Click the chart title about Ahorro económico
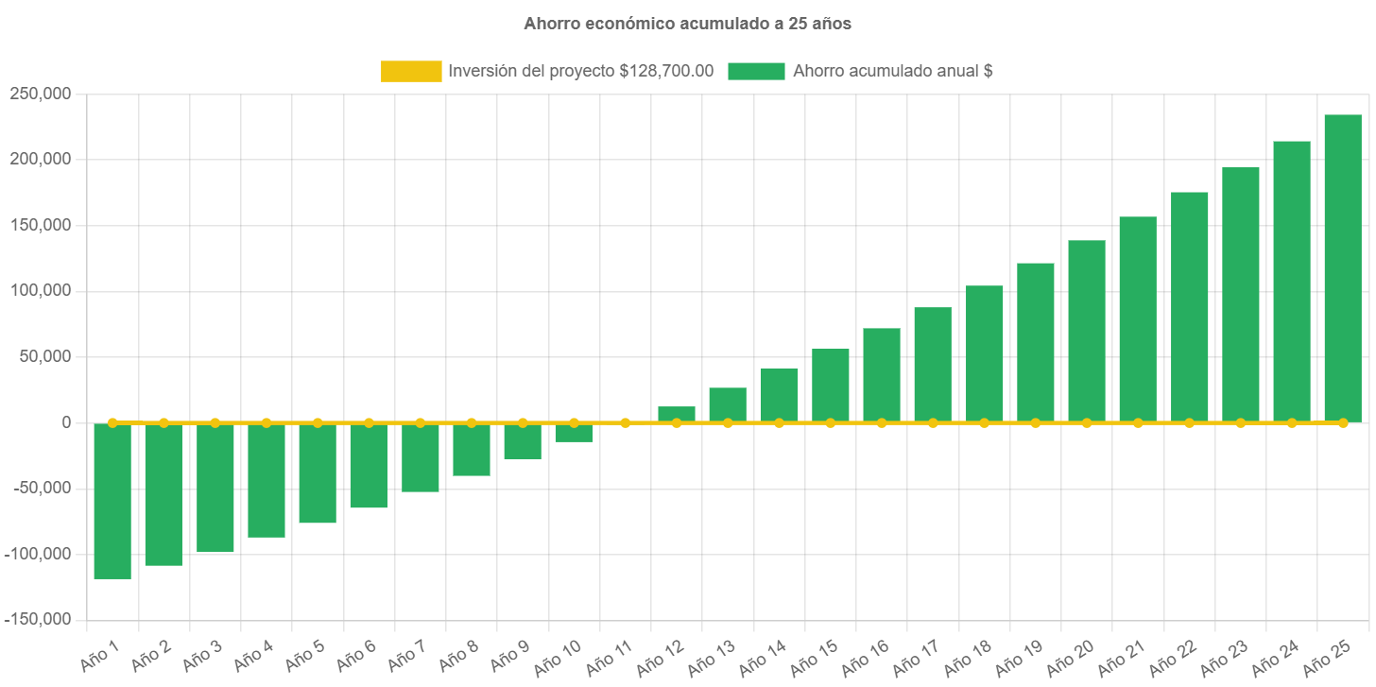point(687,25)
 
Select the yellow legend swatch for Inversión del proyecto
point(411,71)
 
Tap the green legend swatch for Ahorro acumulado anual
point(756,71)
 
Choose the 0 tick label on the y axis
point(66,422)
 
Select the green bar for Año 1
point(112,501)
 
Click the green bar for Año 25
point(1342,268)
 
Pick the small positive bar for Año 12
point(677,414)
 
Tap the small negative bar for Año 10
point(574,433)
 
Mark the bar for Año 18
point(984,353)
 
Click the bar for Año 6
point(369,465)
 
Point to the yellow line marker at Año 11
point(626,422)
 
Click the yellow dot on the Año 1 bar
point(112,422)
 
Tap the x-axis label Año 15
point(813,658)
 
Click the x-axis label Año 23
point(1223,658)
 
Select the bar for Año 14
point(779,395)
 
